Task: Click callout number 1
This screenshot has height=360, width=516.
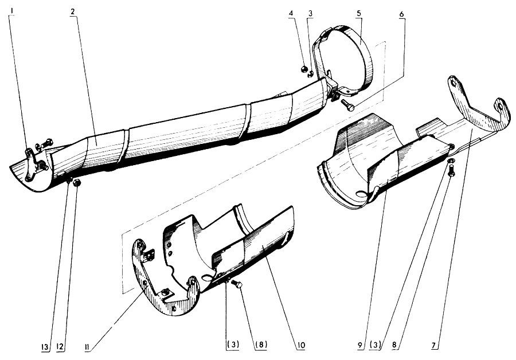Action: pyautogui.click(x=12, y=11)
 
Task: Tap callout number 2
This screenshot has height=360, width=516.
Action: pyautogui.click(x=72, y=11)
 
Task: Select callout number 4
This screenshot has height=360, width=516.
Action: pyautogui.click(x=291, y=13)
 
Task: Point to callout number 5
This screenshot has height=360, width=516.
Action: pyautogui.click(x=359, y=13)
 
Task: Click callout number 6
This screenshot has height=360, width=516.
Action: pyautogui.click(x=402, y=15)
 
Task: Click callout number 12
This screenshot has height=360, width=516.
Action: pyautogui.click(x=60, y=346)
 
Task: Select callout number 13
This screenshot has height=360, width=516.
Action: pyautogui.click(x=45, y=347)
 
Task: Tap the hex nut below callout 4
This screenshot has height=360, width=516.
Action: pyautogui.click(x=304, y=69)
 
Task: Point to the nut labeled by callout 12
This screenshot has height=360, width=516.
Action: pyautogui.click(x=77, y=183)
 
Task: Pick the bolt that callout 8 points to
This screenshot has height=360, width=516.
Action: pyautogui.click(x=451, y=170)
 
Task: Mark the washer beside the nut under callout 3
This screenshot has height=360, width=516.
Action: pyautogui.click(x=310, y=75)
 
